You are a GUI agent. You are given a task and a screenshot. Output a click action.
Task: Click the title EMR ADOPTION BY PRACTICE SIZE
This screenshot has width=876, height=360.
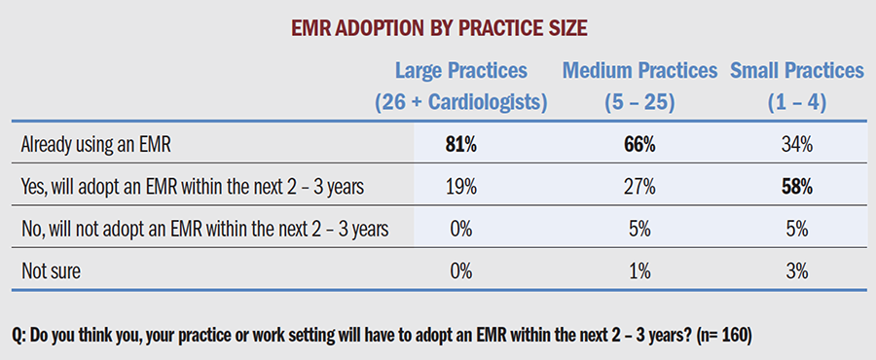pos(438,28)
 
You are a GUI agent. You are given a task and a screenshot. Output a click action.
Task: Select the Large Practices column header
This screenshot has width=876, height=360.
pos(461,71)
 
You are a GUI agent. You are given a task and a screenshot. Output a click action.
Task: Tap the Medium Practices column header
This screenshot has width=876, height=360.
pos(639,71)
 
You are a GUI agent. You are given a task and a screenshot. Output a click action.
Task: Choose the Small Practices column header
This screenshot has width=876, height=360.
pos(796,71)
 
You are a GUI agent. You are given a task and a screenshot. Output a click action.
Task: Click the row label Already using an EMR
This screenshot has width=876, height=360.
pos(95,145)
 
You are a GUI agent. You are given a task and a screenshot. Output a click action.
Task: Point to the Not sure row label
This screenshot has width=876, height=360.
pos(51,271)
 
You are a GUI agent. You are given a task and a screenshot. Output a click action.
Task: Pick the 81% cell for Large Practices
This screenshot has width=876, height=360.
pos(461,146)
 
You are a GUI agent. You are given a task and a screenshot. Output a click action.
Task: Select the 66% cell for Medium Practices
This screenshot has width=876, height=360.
pos(639,146)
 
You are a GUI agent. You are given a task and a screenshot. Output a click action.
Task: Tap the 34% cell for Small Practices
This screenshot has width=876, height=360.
pos(796,146)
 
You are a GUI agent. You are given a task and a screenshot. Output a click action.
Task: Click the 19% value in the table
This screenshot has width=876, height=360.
pos(461,188)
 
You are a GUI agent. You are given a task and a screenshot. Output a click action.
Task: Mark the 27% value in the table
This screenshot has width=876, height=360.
pos(639,188)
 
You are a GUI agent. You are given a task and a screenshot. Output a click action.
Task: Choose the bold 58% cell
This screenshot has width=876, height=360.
pos(796,188)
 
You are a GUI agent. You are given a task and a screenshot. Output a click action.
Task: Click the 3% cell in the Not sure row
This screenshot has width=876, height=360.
pos(796,271)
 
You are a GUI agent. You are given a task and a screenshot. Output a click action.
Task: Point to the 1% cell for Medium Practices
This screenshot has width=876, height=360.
pos(639,271)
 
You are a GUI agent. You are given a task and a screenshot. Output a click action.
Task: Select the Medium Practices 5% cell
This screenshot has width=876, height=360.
pos(639,230)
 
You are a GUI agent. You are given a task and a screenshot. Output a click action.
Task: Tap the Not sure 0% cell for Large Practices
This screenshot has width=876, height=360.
pos(461,271)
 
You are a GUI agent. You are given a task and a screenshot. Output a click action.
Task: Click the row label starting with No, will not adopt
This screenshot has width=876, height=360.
pos(204,230)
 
